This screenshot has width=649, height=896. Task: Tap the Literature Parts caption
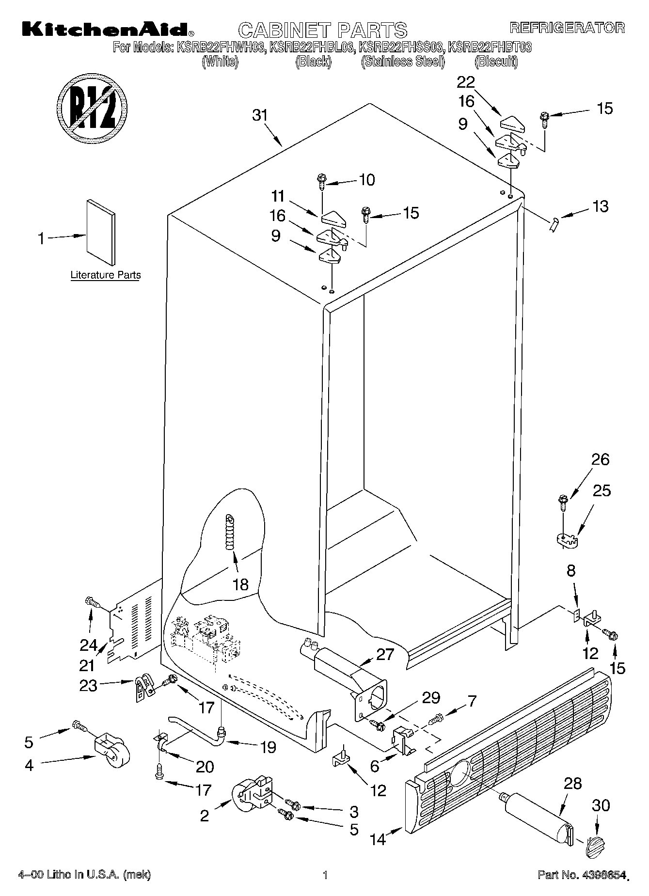(x=105, y=275)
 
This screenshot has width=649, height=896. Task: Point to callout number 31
(x=259, y=115)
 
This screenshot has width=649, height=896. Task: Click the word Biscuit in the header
(x=496, y=62)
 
